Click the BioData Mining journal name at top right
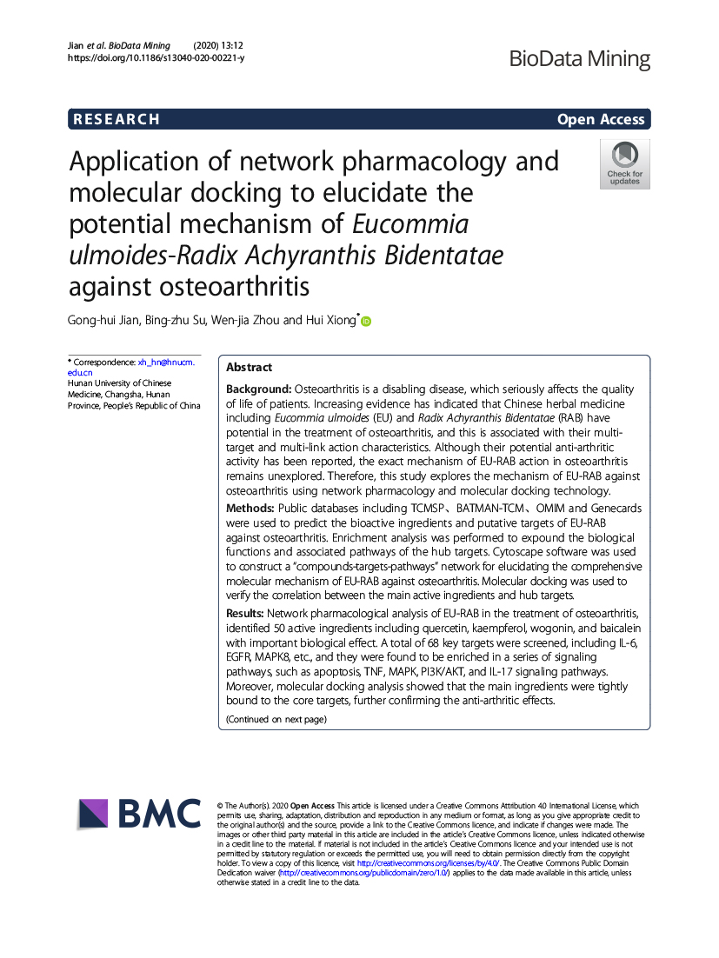tap(579, 59)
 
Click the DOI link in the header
tap(156, 57)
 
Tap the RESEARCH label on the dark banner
tap(117, 120)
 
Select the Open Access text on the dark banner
tap(601, 120)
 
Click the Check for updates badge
tap(624, 164)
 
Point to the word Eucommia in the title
tap(410, 224)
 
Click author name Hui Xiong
tap(331, 321)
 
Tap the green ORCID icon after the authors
tap(366, 322)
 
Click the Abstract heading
tap(250, 368)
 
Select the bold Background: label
tap(259, 389)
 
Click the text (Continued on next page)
tap(276, 719)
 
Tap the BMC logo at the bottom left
tap(139, 814)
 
